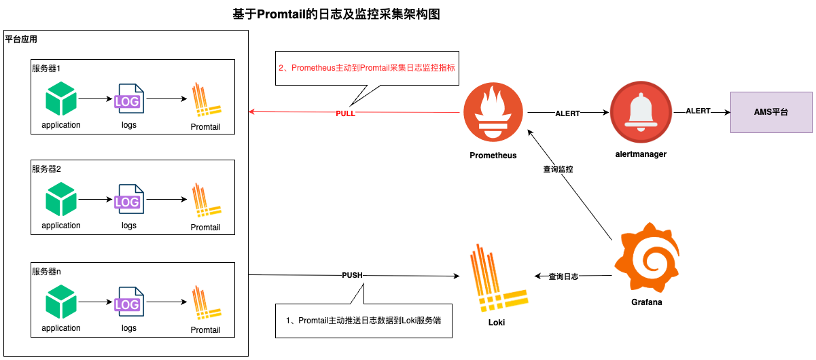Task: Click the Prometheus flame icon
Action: click(x=493, y=112)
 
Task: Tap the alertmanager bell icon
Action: click(x=641, y=112)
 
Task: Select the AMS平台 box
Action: click(x=771, y=112)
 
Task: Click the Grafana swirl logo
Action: click(x=646, y=258)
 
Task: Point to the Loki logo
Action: click(x=496, y=275)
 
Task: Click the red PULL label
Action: click(x=345, y=113)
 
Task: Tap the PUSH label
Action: click(x=352, y=276)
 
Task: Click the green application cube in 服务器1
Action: click(x=60, y=99)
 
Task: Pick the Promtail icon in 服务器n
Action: click(x=206, y=304)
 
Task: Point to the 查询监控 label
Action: click(x=558, y=169)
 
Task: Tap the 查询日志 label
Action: click(x=563, y=276)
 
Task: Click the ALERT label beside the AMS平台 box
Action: click(x=698, y=111)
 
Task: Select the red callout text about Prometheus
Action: click(x=366, y=68)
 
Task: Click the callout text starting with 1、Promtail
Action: click(x=363, y=321)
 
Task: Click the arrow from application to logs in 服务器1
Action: click(x=94, y=99)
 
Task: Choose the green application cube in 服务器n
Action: click(x=60, y=303)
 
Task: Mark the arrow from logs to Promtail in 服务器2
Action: click(x=166, y=200)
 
